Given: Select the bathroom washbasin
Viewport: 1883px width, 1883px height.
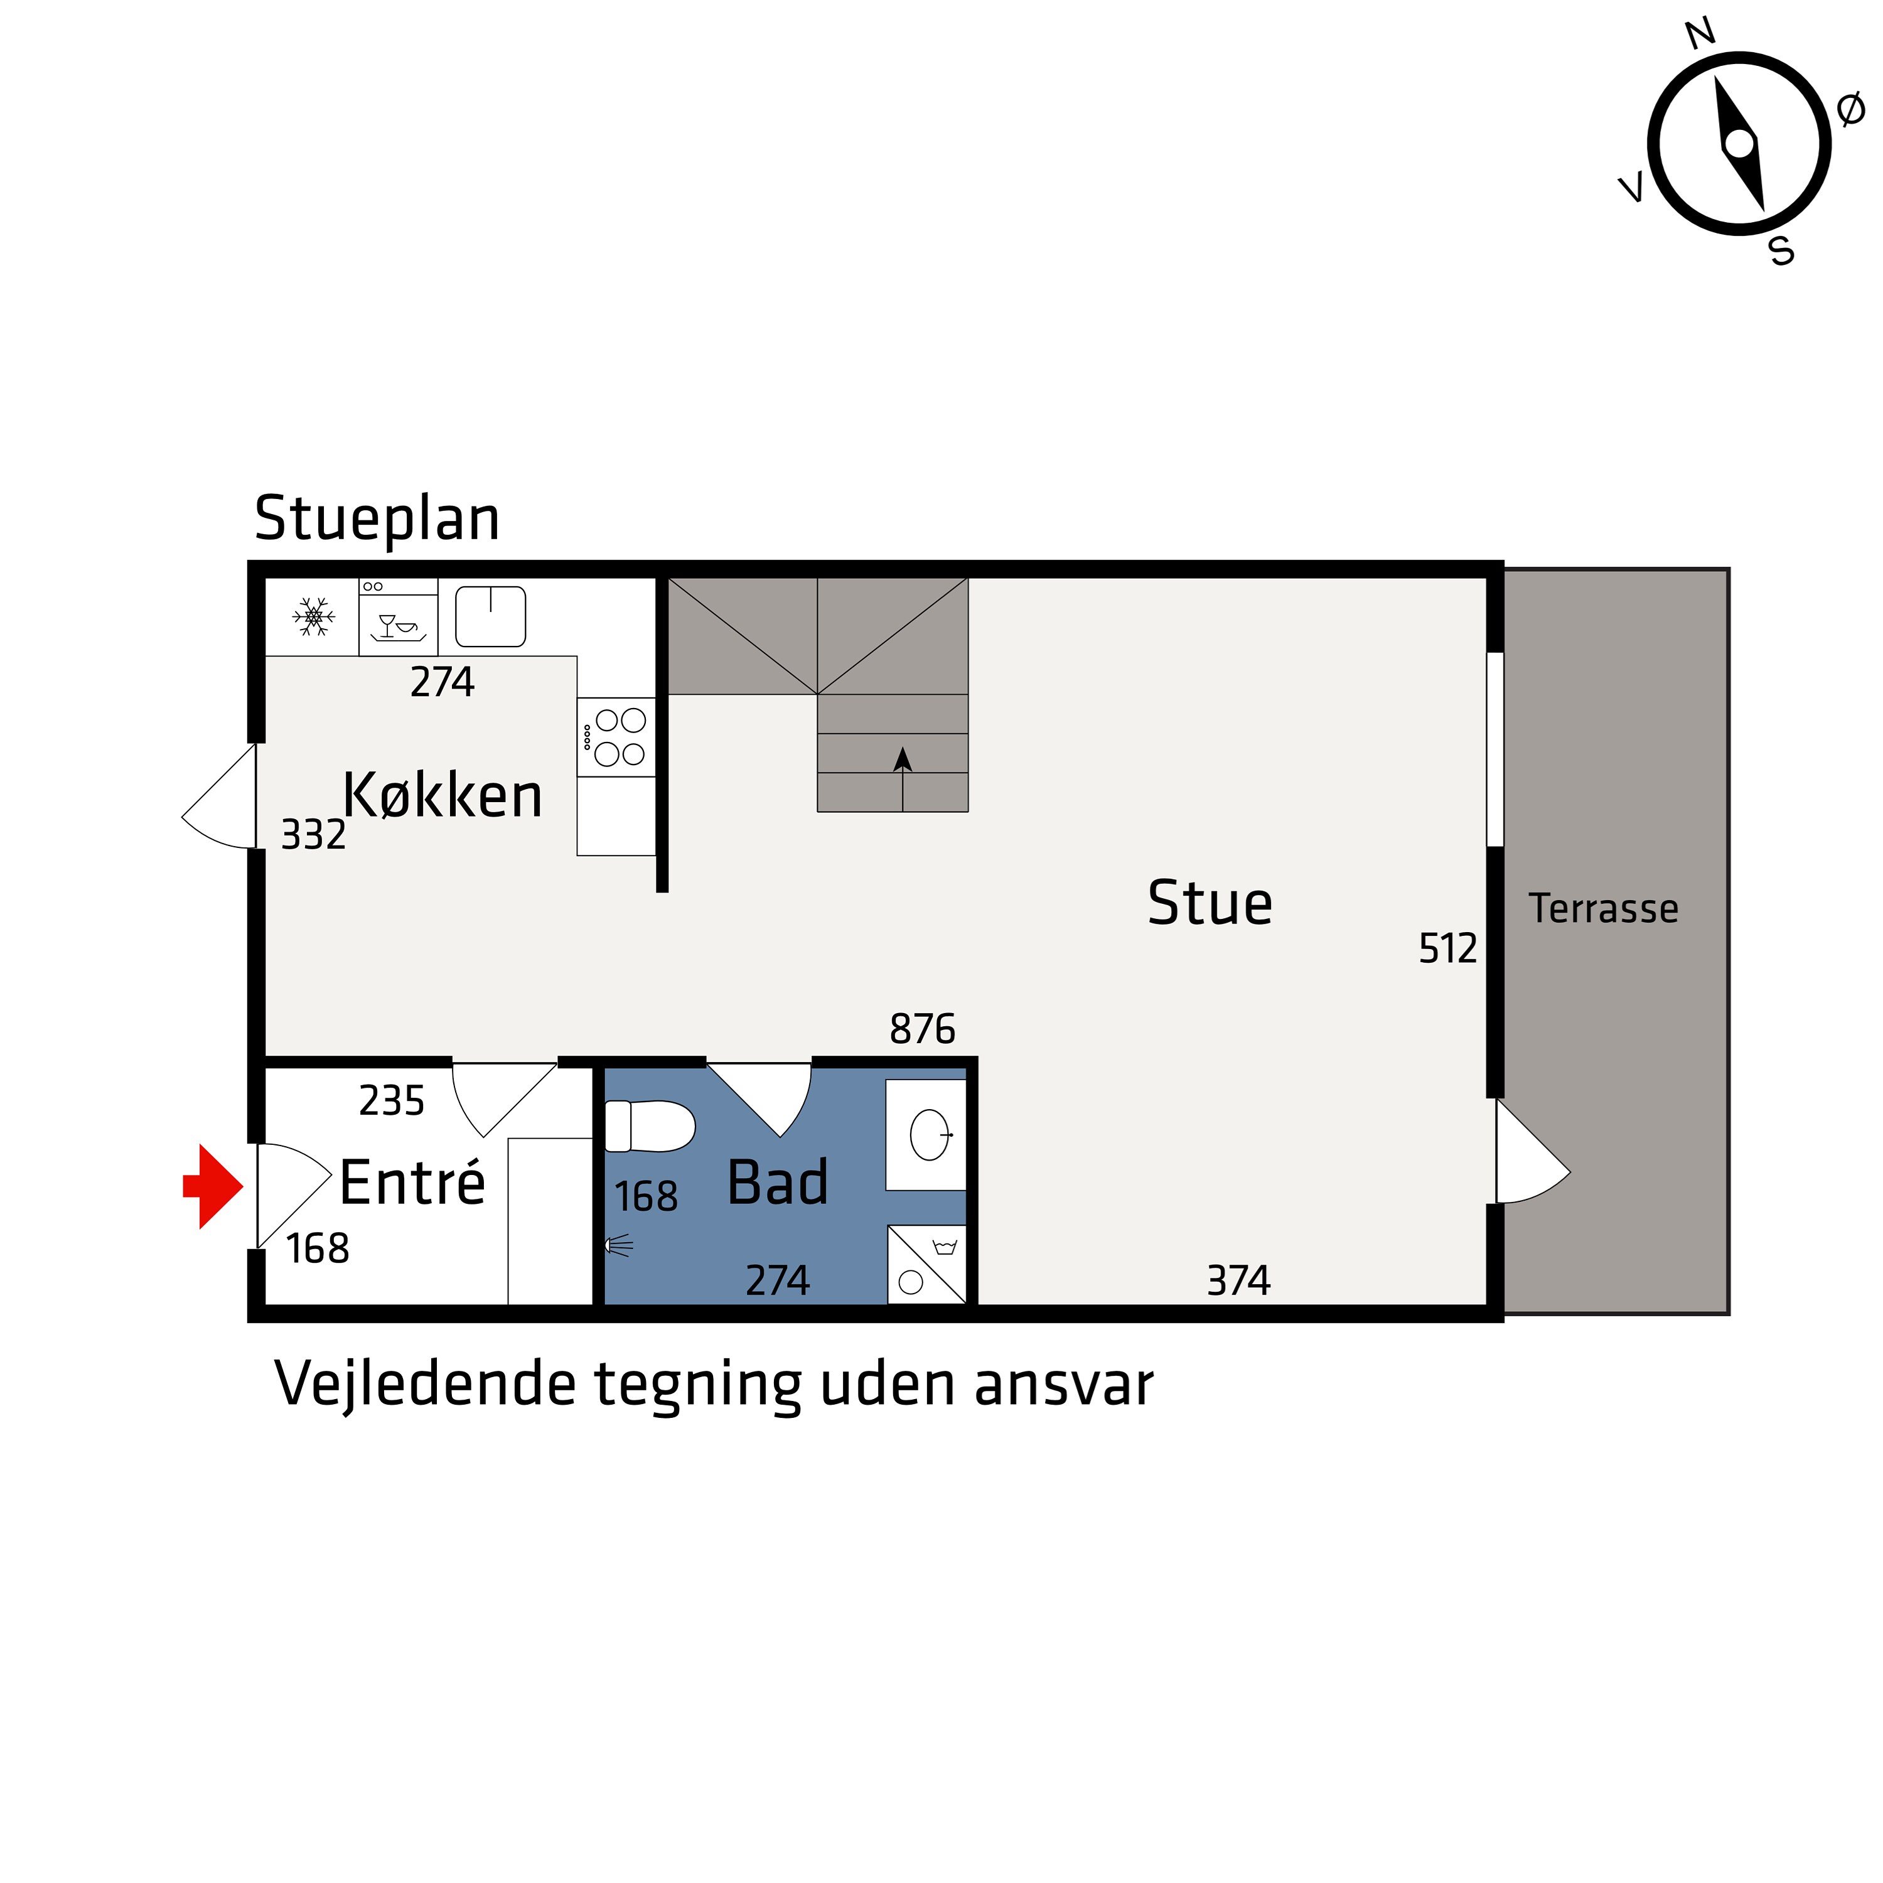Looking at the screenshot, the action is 930,1134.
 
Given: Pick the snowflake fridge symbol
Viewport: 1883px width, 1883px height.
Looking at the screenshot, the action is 313,617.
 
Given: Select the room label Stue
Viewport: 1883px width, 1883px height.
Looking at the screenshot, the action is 1210,903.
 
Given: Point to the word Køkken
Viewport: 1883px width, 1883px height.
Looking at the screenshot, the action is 443,795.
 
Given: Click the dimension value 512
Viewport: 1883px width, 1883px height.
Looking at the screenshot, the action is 1447,948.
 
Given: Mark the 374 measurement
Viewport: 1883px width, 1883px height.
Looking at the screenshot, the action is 1239,1280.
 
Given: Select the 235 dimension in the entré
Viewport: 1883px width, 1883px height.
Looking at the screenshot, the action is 392,1102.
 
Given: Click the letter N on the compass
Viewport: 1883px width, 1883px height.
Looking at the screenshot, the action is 1701,34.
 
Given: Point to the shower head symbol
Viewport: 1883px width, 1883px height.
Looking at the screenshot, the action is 618,1245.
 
